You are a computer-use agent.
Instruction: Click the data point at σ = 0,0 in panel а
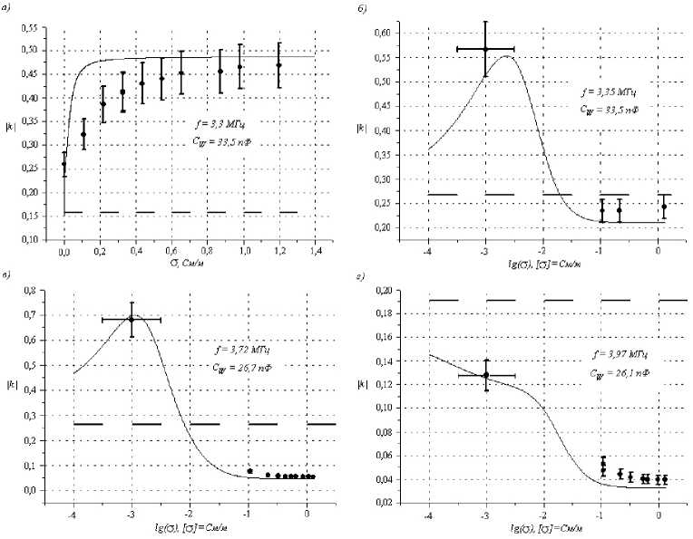[x=63, y=165]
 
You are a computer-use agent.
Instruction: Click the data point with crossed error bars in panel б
[x=485, y=49]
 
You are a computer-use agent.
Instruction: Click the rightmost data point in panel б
[x=664, y=207]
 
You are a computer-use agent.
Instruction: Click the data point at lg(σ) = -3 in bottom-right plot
[x=486, y=374]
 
